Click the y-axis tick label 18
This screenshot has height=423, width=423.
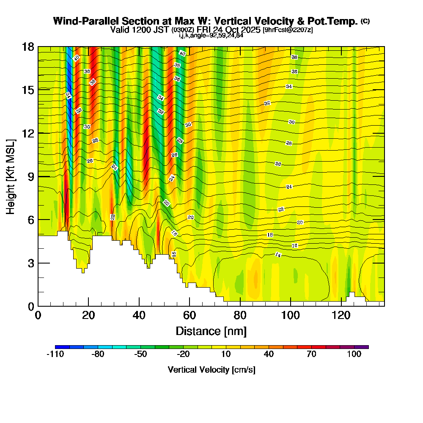(28, 47)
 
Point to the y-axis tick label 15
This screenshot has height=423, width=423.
(28, 90)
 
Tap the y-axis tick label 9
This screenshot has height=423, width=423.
(30, 176)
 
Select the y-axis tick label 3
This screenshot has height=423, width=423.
(30, 263)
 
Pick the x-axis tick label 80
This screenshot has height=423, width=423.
(240, 316)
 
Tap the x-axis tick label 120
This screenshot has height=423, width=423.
(341, 316)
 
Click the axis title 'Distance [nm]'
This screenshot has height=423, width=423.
(211, 330)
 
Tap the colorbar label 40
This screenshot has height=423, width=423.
(269, 354)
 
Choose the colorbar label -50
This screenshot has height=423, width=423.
(140, 354)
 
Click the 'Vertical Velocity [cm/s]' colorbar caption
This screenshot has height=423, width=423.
(211, 370)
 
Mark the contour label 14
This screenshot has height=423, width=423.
(278, 255)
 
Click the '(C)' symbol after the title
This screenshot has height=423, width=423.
(365, 21)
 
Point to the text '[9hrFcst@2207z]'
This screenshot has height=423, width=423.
(288, 30)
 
